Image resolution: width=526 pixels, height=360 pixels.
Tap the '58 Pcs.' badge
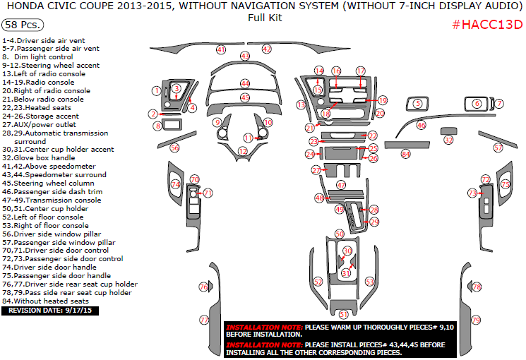(21, 25)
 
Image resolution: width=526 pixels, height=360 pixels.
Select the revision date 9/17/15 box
(51, 310)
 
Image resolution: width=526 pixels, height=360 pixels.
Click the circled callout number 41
(221, 50)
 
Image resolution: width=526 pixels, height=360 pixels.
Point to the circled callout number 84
(405, 153)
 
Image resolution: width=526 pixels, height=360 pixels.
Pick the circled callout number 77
(204, 320)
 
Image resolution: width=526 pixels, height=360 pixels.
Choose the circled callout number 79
(476, 320)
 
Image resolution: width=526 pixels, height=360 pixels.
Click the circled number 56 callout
(174, 148)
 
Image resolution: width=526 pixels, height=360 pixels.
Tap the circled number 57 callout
(498, 148)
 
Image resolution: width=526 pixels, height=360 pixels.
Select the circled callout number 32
(448, 140)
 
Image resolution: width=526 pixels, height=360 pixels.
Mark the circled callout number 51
(344, 314)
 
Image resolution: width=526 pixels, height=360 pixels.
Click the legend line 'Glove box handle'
(51, 158)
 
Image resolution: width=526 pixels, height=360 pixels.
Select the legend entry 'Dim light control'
(42, 56)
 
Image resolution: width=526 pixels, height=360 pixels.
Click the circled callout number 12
(243, 151)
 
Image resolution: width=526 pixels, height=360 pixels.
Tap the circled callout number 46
(422, 125)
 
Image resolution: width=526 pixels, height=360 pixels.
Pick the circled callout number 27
(316, 170)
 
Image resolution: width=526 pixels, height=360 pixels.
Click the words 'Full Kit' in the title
(265, 18)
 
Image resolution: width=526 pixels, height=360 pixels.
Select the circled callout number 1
(156, 90)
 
